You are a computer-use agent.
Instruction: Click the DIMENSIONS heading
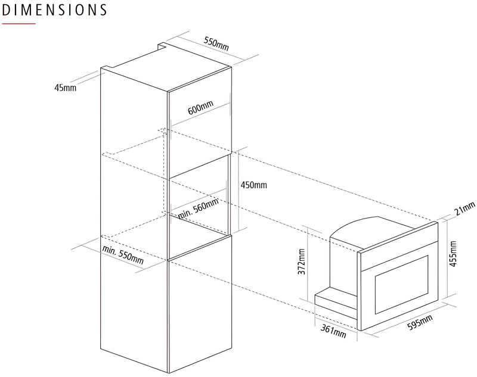[55, 10]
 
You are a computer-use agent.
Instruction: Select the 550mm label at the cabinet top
[216, 43]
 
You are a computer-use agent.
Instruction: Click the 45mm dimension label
[65, 88]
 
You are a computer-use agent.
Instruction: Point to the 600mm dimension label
[200, 108]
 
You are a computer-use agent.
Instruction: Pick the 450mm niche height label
[255, 185]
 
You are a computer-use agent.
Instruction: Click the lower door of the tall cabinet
[200, 304]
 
